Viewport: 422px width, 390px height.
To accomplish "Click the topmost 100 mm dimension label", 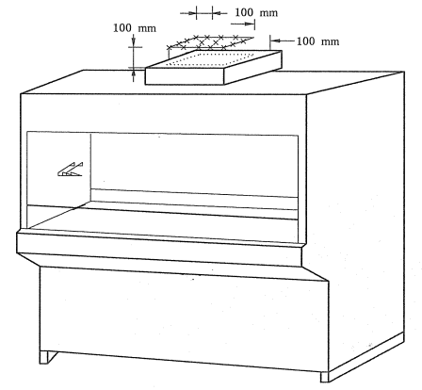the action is pyautogui.click(x=256, y=12).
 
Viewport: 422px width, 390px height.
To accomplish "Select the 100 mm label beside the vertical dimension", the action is pyautogui.click(x=135, y=28).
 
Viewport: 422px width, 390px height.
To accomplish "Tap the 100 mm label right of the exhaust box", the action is pyautogui.click(x=317, y=41).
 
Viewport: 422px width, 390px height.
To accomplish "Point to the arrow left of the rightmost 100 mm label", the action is pyautogui.click(x=283, y=41).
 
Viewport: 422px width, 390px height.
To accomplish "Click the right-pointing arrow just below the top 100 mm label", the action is pyautogui.click(x=242, y=24).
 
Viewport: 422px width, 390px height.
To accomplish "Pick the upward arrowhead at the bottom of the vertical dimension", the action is pyautogui.click(x=134, y=73).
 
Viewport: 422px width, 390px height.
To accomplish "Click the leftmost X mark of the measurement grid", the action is pyautogui.click(x=170, y=48).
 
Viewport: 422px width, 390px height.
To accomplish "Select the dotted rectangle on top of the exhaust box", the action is pyautogui.click(x=210, y=59).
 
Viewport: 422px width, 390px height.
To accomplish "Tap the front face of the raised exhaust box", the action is pyautogui.click(x=185, y=76).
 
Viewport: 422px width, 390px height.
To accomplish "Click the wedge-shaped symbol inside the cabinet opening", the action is pyautogui.click(x=71, y=170).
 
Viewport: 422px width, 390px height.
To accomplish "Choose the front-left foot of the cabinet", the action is pyautogui.click(x=47, y=357).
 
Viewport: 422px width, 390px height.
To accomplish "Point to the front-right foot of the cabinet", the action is pyautogui.click(x=324, y=377).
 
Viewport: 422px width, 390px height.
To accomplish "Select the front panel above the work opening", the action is pyautogui.click(x=163, y=114).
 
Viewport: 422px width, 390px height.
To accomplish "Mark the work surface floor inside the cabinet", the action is pyautogui.click(x=163, y=222).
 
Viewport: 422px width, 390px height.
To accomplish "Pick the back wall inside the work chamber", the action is pyautogui.click(x=194, y=163).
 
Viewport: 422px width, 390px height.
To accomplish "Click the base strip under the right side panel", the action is pyautogui.click(x=366, y=356).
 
